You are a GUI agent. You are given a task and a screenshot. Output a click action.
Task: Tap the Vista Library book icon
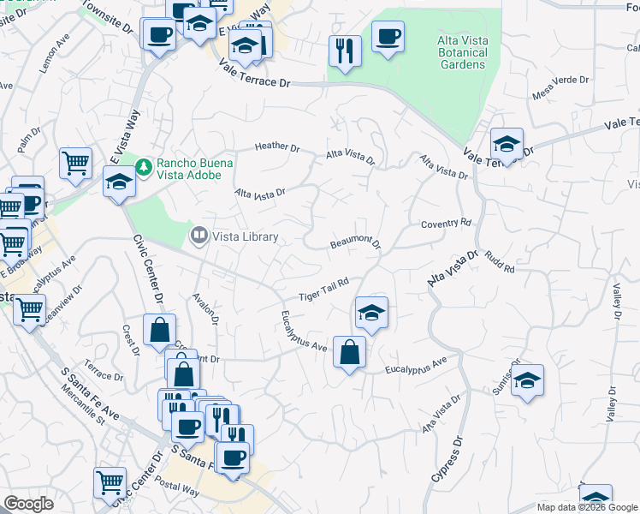click(199, 234)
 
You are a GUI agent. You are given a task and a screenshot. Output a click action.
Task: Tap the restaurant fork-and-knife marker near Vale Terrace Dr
click(345, 50)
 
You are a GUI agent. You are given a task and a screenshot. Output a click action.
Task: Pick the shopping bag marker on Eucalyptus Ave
click(349, 351)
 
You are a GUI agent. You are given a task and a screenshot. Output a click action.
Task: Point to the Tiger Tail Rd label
click(324, 290)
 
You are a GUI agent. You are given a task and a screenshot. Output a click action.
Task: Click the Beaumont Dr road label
click(355, 244)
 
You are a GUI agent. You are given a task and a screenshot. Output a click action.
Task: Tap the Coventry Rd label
click(446, 223)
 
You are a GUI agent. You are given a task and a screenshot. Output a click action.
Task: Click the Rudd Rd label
click(498, 262)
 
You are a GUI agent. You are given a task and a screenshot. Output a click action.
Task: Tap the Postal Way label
click(178, 493)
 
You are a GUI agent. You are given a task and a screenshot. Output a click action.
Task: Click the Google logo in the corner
click(28, 504)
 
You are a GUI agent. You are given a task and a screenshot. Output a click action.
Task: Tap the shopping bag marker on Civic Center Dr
click(159, 329)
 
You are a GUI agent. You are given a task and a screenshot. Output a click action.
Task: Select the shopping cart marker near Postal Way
click(110, 482)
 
